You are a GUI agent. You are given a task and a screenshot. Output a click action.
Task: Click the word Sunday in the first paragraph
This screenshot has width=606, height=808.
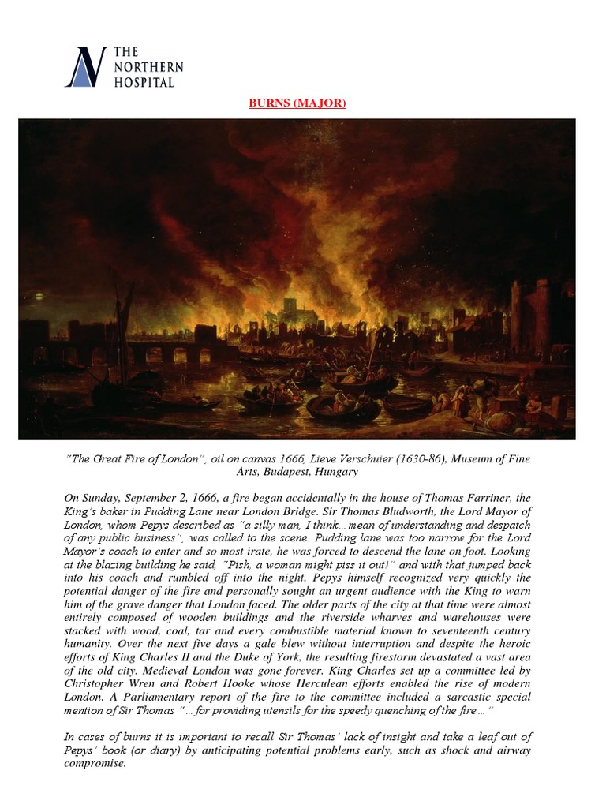pyautogui.click(x=101, y=498)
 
